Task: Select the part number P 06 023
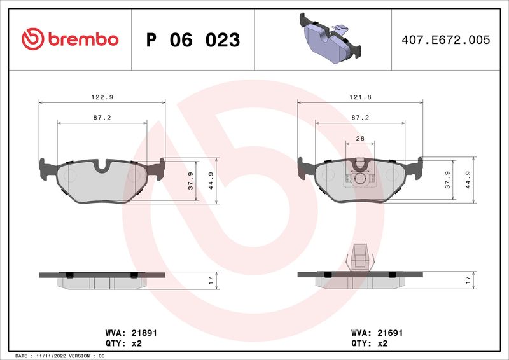[x=193, y=40]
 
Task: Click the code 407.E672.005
[x=446, y=40]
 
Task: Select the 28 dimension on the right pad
[x=360, y=138]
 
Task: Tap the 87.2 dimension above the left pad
[x=102, y=118]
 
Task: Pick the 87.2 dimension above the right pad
[x=360, y=118]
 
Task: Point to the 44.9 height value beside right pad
[x=469, y=180]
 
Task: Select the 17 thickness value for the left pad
[x=211, y=279]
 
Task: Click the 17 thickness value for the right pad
[x=469, y=279]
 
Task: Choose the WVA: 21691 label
[x=377, y=333]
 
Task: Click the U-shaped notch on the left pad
[x=102, y=167]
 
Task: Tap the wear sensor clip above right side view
[x=360, y=258]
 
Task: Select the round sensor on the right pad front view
[x=360, y=179]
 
